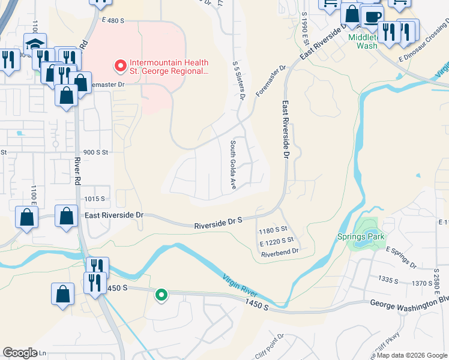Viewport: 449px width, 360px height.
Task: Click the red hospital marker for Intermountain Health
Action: pos(120,64)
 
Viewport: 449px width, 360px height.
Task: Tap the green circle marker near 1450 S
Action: pos(161,295)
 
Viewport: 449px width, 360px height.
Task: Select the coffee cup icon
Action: pos(372,16)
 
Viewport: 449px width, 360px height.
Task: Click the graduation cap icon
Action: pos(35,45)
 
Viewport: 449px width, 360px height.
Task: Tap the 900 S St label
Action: pos(95,152)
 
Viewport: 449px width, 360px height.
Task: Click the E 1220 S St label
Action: pos(280,241)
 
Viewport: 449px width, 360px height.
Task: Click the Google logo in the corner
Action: pos(20,352)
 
